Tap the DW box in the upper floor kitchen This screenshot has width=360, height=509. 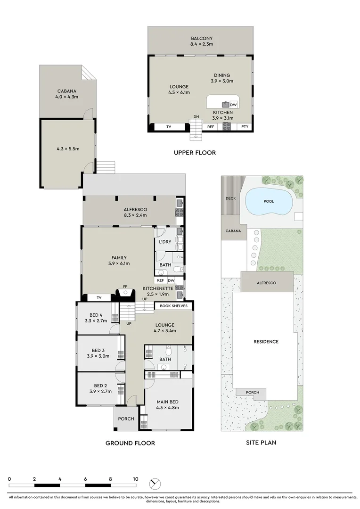pyautogui.click(x=233, y=105)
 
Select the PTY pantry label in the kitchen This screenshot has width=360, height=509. pyautogui.click(x=245, y=126)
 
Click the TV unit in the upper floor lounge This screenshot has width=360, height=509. pyautogui.click(x=169, y=126)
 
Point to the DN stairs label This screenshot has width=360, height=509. pyautogui.click(x=196, y=116)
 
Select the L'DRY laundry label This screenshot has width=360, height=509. pyautogui.click(x=165, y=242)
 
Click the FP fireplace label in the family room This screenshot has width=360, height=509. pyautogui.click(x=125, y=286)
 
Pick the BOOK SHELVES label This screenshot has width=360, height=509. pyautogui.click(x=173, y=306)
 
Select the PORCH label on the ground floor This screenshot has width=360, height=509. pyautogui.click(x=126, y=419)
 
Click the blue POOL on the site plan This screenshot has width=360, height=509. pyautogui.click(x=269, y=202)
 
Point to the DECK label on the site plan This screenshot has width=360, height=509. pyautogui.click(x=230, y=198)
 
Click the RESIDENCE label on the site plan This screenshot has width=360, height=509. pyautogui.click(x=266, y=342)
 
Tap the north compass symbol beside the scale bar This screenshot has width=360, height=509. pyautogui.click(x=154, y=484)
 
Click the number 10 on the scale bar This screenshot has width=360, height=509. pyautogui.click(x=135, y=479)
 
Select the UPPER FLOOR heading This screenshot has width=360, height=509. pyautogui.click(x=195, y=152)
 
